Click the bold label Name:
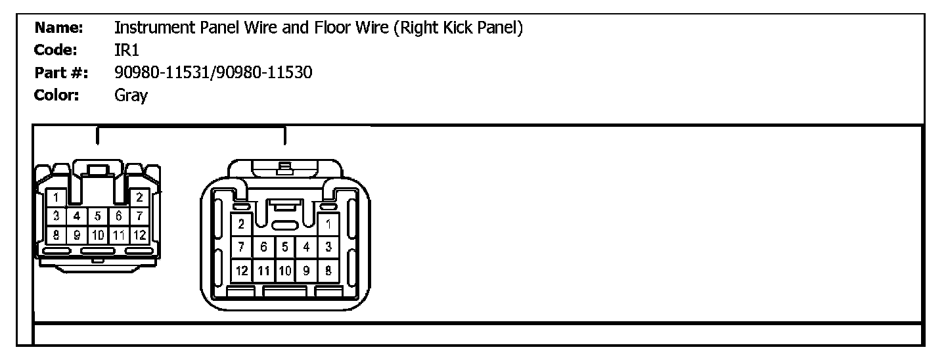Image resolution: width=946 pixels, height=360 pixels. [x=58, y=28]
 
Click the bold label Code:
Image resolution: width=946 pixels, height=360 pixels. [x=56, y=50]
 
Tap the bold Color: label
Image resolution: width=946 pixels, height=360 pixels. [x=56, y=95]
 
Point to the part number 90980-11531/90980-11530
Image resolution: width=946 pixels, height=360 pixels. [x=213, y=72]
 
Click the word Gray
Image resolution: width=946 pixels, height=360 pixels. [x=131, y=96]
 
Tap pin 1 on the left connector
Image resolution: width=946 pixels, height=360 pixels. [x=57, y=197]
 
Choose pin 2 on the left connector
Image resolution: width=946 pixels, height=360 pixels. [x=139, y=197]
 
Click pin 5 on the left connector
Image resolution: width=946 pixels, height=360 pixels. [x=98, y=215]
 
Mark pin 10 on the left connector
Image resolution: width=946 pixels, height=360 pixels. [x=98, y=234]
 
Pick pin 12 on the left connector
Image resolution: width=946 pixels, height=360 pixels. [x=139, y=234]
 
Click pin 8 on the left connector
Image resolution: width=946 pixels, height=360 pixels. [x=57, y=234]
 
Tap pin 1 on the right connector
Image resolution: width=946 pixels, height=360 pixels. [x=328, y=225]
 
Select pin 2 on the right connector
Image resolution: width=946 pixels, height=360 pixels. [x=242, y=225]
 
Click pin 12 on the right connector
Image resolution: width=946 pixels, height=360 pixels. [x=242, y=269]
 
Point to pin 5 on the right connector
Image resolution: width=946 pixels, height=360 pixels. [x=285, y=247]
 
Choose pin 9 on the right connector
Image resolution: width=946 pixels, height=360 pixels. [x=307, y=269]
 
